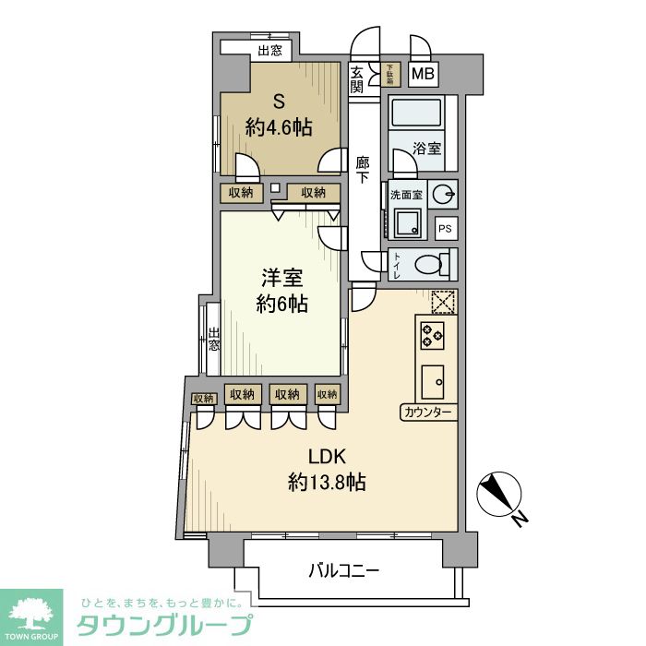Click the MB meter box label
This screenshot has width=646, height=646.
coord(424,75)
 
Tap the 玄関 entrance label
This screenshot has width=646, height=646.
coord(357,80)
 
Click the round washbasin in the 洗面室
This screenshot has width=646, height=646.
coord(444,194)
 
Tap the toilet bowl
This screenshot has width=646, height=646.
coord(431,265)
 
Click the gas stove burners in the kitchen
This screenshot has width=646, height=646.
coord(432,333)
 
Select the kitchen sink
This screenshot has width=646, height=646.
coord(432,380)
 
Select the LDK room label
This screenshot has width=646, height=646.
coord(326,455)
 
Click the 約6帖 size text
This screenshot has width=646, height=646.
coord(282,304)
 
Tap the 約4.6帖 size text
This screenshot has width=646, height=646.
coord(278,127)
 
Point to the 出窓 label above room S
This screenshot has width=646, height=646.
coord(269,51)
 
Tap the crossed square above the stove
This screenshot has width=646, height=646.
coord(443,303)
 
